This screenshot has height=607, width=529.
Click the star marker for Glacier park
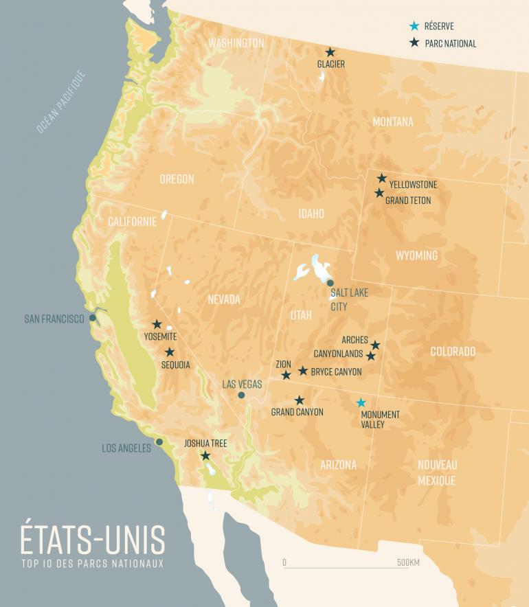330,52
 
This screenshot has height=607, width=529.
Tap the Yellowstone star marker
382,179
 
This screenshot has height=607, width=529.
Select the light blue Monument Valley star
361,402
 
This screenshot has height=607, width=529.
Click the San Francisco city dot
92,318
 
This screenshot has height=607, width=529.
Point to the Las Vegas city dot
241,395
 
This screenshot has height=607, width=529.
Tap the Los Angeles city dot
159,442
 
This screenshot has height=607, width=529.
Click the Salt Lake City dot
330,283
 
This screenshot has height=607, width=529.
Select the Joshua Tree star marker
205,455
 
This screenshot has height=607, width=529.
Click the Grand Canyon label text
297,412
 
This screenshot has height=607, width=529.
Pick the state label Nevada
224,299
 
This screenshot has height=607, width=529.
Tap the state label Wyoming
416,255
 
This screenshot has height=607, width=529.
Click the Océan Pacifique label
60,101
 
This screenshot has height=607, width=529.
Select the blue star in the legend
414,27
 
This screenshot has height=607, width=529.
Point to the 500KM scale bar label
408,563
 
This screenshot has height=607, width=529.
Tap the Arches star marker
375,345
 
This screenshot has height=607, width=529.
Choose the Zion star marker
286,375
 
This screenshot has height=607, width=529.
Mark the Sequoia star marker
170,352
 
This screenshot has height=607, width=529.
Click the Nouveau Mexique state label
437,472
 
